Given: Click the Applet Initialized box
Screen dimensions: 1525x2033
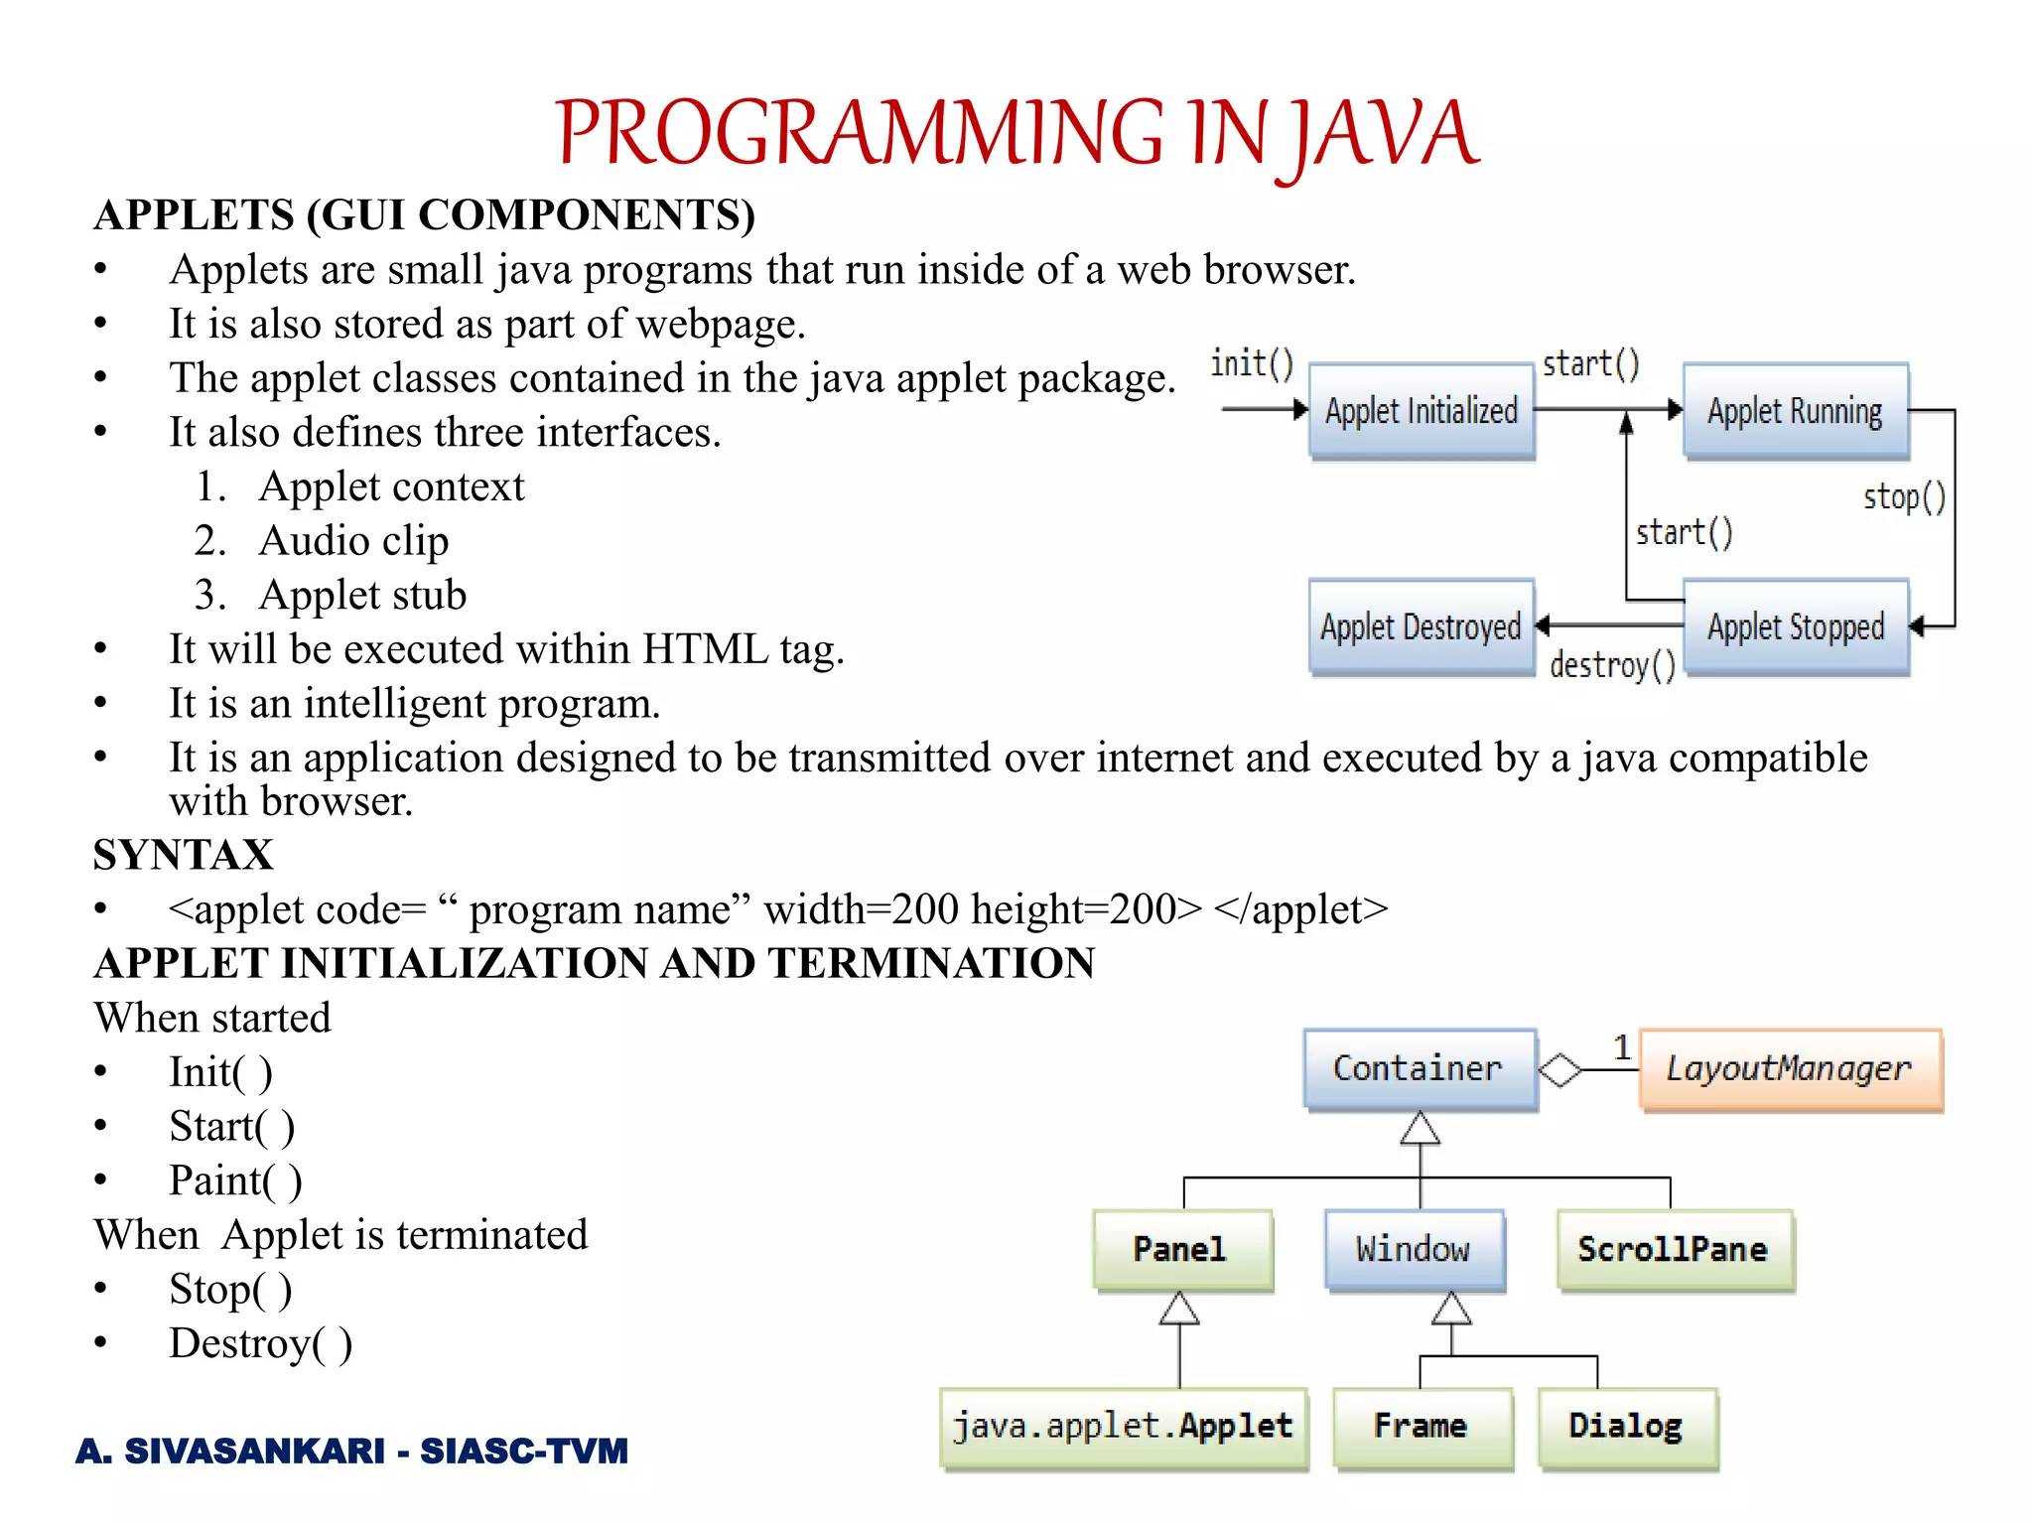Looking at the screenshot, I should [x=1422, y=410].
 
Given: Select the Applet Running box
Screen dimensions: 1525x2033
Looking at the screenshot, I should [x=1795, y=410].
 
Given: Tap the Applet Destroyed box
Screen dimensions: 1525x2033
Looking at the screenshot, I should [x=1422, y=626].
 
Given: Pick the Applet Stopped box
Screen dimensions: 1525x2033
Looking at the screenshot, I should [x=1795, y=626].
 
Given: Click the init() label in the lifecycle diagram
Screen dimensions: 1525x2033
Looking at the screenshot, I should [x=1252, y=363].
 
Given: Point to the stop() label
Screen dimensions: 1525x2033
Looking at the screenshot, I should [x=1903, y=496].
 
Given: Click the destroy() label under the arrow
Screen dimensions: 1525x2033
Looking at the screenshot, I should [x=1612, y=664].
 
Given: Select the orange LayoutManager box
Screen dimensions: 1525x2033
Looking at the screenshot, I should [x=1789, y=1068].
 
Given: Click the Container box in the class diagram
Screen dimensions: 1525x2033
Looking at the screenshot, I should [x=1419, y=1068].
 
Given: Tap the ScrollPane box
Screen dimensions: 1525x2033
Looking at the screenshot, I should [x=1674, y=1249].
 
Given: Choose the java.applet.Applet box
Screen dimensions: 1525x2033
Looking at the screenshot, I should [x=1123, y=1427].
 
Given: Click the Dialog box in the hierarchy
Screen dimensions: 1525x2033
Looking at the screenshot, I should [x=1626, y=1427].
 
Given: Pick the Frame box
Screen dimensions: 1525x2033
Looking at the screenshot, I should [x=1422, y=1427].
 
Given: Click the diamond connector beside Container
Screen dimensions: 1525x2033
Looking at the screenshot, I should [x=1559, y=1069].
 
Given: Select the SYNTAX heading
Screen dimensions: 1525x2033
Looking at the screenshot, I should [x=183, y=855].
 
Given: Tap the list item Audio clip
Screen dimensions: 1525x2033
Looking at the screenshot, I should [x=353, y=541].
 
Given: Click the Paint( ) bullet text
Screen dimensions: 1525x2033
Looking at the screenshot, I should [x=235, y=1180].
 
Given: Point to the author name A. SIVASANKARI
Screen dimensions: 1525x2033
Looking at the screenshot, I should [x=230, y=1451].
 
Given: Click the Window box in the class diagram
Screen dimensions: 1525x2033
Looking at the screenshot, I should [x=1414, y=1249].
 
